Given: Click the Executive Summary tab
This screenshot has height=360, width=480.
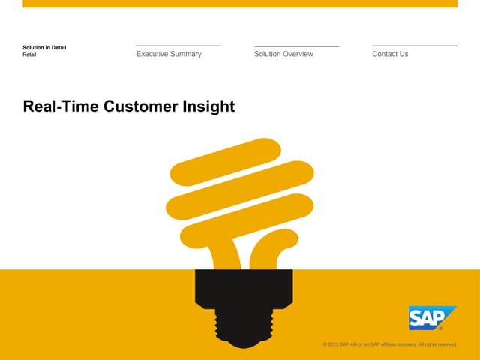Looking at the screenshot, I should [x=169, y=54].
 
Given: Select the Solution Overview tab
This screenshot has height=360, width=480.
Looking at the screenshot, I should [x=283, y=54].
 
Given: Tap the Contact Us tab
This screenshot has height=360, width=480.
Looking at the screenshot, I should [x=390, y=54].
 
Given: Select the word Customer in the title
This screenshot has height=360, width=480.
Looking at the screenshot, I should [x=141, y=106].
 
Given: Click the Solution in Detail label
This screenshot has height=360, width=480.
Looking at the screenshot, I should [x=44, y=48].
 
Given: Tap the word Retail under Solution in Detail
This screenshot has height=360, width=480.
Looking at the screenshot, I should [x=30, y=55].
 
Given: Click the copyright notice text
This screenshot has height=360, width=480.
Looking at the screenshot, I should [x=389, y=344].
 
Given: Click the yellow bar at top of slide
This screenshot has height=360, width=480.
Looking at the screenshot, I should [x=240, y=4].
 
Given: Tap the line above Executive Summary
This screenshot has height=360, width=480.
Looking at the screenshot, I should [x=178, y=46].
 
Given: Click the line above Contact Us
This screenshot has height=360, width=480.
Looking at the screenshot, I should [x=414, y=46].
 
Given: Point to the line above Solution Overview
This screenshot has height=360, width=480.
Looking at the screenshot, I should [x=296, y=46].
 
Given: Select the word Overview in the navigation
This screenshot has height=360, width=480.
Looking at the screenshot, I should [x=297, y=54].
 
